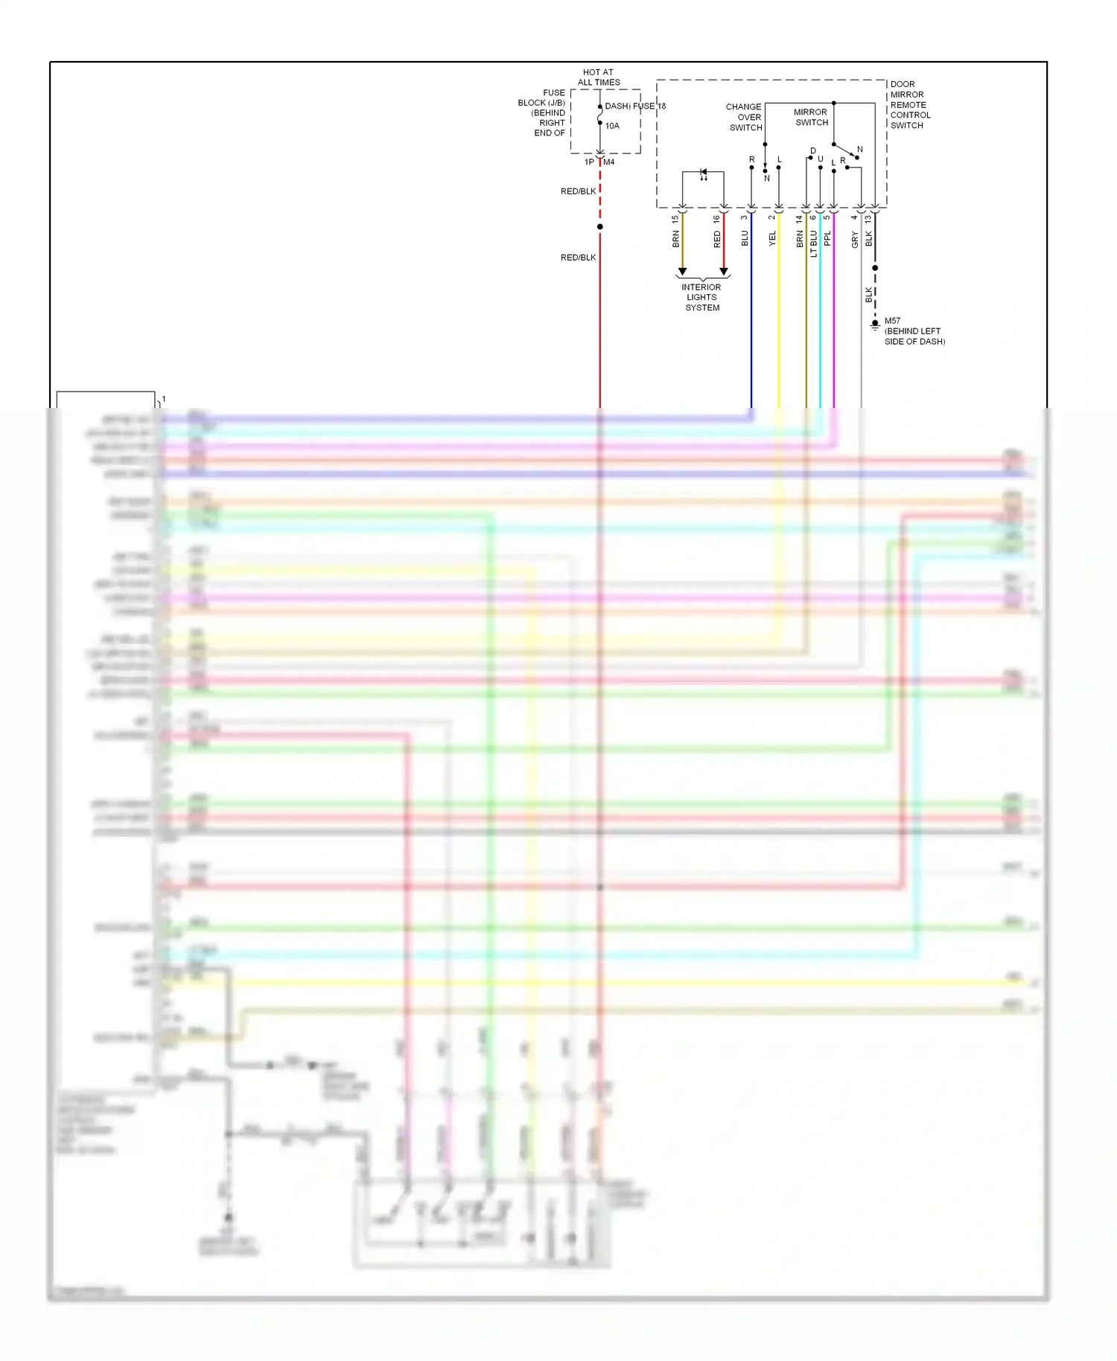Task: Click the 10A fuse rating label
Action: pyautogui.click(x=612, y=126)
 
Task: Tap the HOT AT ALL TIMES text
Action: pyautogui.click(x=599, y=77)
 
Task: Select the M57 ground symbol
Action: pyautogui.click(x=875, y=325)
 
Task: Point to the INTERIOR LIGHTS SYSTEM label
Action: pyautogui.click(x=701, y=297)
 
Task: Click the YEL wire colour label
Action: pyautogui.click(x=772, y=238)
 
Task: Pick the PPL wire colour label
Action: pyautogui.click(x=827, y=238)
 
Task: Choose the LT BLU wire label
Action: pyautogui.click(x=814, y=243)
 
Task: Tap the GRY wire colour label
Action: pyautogui.click(x=855, y=239)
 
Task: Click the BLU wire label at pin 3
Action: pyautogui.click(x=745, y=238)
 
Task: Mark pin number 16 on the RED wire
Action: pyautogui.click(x=717, y=220)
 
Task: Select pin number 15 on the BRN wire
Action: pyautogui.click(x=675, y=220)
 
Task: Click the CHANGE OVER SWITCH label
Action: pyautogui.click(x=744, y=117)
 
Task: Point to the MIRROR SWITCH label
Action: pyautogui.click(x=811, y=117)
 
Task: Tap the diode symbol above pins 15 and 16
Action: pyautogui.click(x=704, y=173)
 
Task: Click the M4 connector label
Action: pyautogui.click(x=609, y=162)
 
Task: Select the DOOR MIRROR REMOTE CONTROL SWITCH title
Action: pyautogui.click(x=910, y=105)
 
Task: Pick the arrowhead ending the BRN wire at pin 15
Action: pyautogui.click(x=682, y=272)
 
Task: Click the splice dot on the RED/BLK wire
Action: pyautogui.click(x=600, y=226)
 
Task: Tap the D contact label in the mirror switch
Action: pyautogui.click(x=813, y=151)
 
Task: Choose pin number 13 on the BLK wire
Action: pyautogui.click(x=868, y=220)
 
